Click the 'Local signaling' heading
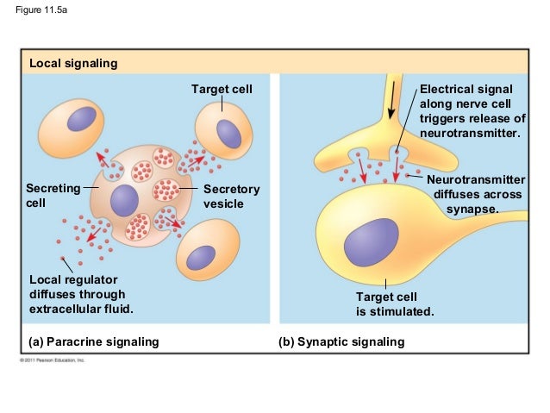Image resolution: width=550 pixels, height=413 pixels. (x=73, y=64)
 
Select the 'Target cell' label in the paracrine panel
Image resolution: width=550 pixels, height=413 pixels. (x=222, y=90)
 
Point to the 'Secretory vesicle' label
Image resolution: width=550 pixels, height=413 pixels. (x=231, y=196)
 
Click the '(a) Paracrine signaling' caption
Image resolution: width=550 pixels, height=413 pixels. (x=94, y=342)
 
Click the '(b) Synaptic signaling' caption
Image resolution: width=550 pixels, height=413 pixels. (x=341, y=342)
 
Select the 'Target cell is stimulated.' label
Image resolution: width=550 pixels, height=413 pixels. (x=395, y=303)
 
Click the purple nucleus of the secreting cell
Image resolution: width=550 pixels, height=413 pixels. (x=124, y=200)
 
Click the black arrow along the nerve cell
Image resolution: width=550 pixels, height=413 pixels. (x=392, y=103)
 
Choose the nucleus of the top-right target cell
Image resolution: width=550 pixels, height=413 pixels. (x=228, y=134)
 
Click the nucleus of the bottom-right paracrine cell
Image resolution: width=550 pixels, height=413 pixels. (x=201, y=257)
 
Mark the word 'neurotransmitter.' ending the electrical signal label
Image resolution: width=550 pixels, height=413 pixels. (x=470, y=134)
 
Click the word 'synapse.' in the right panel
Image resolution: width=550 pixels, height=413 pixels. (x=472, y=209)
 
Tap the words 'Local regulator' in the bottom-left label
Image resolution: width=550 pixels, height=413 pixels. (x=73, y=279)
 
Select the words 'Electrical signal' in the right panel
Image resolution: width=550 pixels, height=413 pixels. (x=466, y=90)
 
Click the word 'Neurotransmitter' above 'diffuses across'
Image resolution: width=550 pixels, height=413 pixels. (x=476, y=179)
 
